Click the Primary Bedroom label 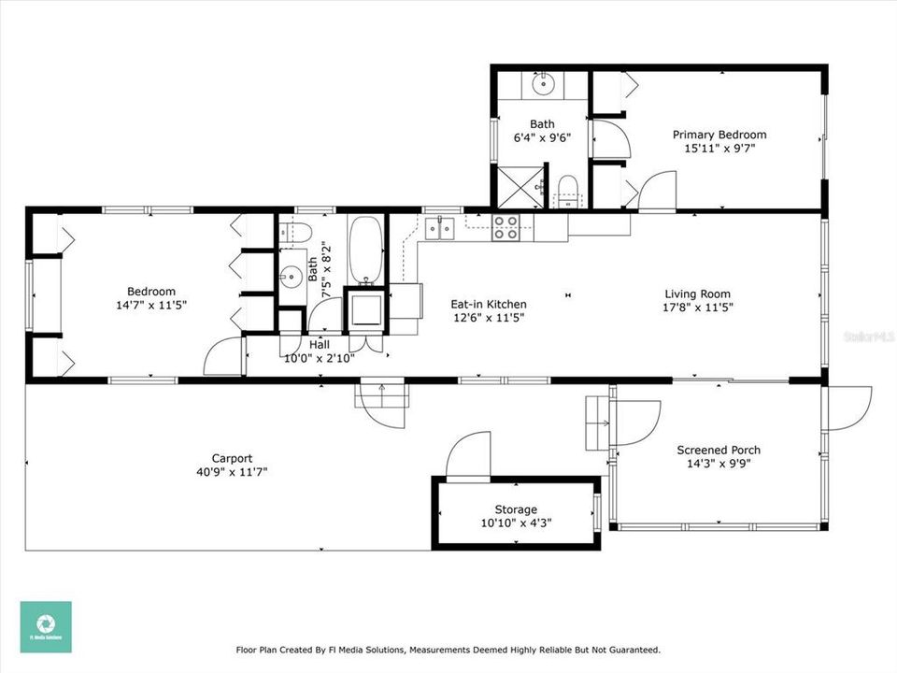(x=719, y=135)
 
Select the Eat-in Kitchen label (x=489, y=304)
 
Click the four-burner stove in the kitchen (x=505, y=228)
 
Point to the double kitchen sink (x=439, y=227)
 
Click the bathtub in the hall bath (x=363, y=251)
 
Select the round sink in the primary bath (x=543, y=85)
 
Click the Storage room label (x=516, y=509)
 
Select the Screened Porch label (x=719, y=451)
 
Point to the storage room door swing (x=467, y=455)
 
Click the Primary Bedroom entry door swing (x=657, y=191)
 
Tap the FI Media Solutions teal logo (x=46, y=626)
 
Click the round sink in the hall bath (x=292, y=275)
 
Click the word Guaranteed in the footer (x=630, y=650)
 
